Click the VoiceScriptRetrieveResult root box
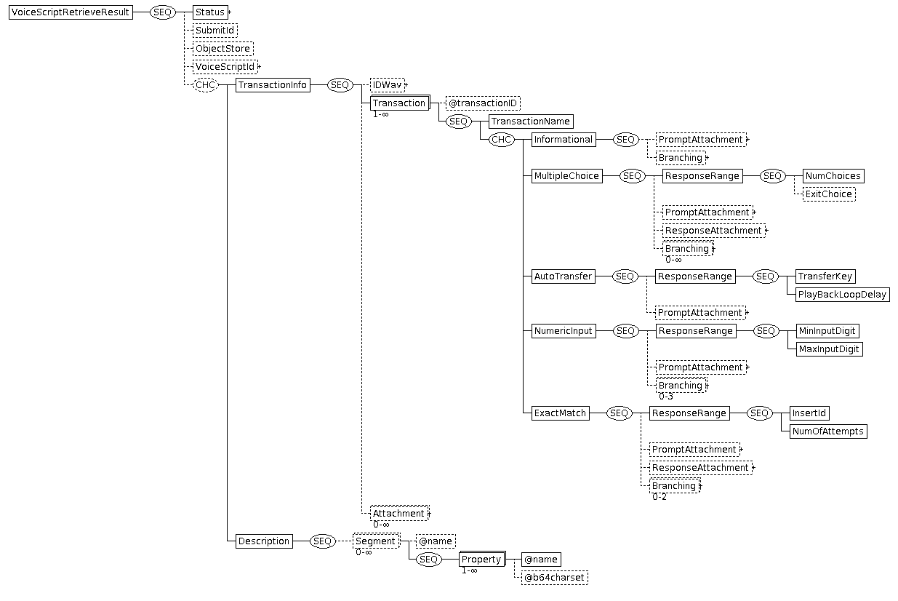click(x=71, y=12)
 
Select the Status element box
click(x=210, y=12)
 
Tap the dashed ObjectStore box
click(x=223, y=49)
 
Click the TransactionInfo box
click(x=273, y=85)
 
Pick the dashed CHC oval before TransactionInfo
click(x=205, y=85)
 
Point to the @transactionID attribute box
click(x=483, y=103)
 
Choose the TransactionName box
click(x=531, y=122)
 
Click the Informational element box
click(x=564, y=140)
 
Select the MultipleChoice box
click(x=567, y=176)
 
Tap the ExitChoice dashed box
click(x=829, y=194)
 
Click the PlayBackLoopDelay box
click(x=842, y=295)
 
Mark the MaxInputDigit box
click(x=829, y=349)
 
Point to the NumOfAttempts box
click(x=828, y=431)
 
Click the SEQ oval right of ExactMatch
click(x=619, y=413)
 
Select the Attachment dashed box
click(x=399, y=513)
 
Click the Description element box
click(x=264, y=541)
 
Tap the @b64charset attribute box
click(x=555, y=578)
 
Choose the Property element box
click(x=482, y=559)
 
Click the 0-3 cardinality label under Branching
click(x=666, y=397)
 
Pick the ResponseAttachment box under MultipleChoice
click(x=713, y=231)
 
